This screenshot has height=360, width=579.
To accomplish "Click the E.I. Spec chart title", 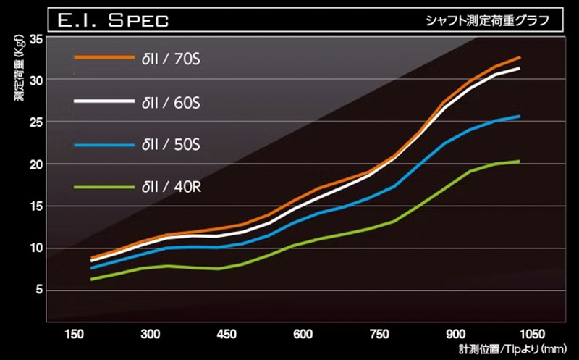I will [109, 18].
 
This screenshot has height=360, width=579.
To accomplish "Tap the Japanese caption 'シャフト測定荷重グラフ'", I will [484, 19].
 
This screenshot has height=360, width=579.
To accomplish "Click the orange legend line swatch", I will [103, 56].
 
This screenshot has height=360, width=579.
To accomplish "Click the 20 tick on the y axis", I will [35, 164].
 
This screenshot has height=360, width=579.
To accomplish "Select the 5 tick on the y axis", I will [38, 290].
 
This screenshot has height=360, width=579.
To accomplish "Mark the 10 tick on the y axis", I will [35, 248].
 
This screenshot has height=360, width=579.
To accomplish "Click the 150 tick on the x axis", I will [73, 335].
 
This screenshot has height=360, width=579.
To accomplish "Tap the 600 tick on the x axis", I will [303, 335].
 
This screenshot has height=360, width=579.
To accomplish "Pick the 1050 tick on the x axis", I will [531, 335].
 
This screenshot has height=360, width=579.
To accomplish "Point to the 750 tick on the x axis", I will [379, 335].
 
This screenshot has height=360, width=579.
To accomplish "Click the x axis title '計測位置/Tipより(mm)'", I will [510, 349].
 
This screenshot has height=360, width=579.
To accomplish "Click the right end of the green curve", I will [519, 162].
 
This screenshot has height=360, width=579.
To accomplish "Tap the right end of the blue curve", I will [519, 117].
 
